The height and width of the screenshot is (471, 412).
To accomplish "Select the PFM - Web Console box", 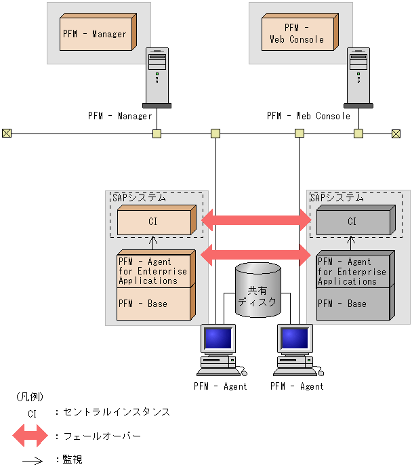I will [x=299, y=34].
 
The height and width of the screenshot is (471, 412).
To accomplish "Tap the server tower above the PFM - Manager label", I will [x=157, y=78].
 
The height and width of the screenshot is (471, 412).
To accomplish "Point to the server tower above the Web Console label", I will [x=358, y=78].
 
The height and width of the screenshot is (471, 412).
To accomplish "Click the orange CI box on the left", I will [x=154, y=222].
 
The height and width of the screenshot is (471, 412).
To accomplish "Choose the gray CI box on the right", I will [x=352, y=222].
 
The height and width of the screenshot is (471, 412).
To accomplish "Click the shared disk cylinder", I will [x=257, y=291].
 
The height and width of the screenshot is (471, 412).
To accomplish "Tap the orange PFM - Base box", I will [x=154, y=304].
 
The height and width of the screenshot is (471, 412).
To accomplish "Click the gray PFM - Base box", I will [x=352, y=304].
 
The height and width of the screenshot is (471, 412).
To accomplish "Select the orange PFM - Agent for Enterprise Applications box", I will [x=154, y=270].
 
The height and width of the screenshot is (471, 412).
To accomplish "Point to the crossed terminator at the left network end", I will [x=7, y=134].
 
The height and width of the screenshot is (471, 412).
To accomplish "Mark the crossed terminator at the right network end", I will [x=396, y=134].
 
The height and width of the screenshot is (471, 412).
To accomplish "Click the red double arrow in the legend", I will [x=30, y=436].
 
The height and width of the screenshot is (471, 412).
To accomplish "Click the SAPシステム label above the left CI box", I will [x=137, y=198].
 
